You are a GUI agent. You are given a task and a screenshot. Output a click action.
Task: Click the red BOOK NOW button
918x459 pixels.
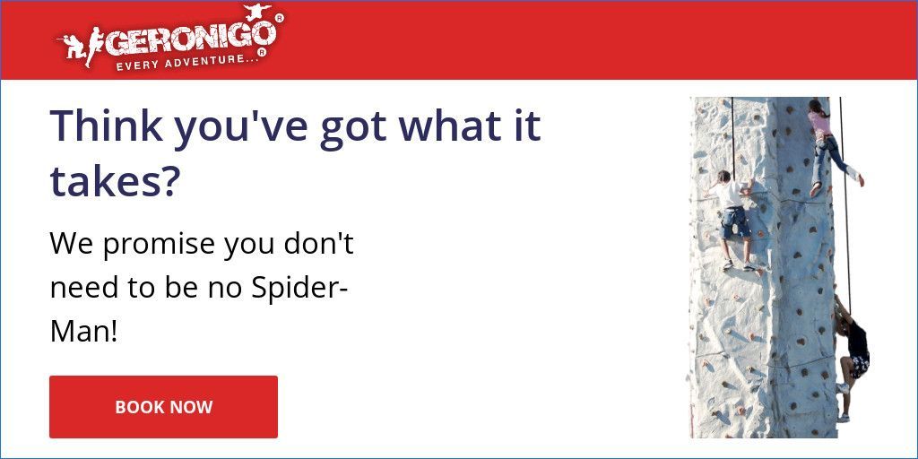click(x=163, y=407)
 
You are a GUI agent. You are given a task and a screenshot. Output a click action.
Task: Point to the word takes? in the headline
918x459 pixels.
click(x=115, y=181)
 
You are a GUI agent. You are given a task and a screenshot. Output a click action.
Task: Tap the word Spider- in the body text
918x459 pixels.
click(x=299, y=289)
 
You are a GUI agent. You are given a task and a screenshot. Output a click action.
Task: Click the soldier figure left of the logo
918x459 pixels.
click(x=76, y=45)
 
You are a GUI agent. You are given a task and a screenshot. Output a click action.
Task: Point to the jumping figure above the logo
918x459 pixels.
click(x=256, y=12)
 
